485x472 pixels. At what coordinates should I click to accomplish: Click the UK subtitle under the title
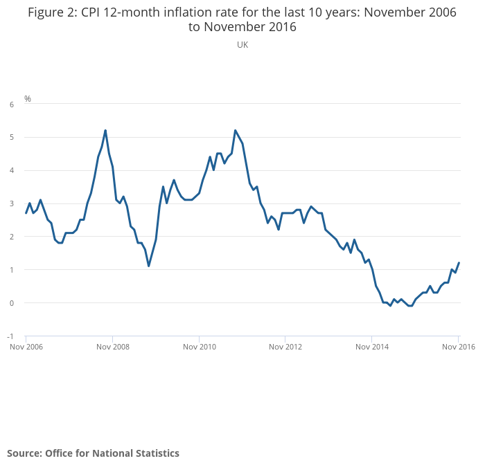point(242,44)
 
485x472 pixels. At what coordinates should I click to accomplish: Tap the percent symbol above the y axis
point(28,99)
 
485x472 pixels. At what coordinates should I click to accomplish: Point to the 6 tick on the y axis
point(11,105)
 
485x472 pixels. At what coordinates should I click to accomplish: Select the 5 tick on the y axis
point(11,137)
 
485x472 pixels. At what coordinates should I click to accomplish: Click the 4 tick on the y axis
point(11,170)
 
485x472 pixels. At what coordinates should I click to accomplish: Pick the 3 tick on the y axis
point(11,203)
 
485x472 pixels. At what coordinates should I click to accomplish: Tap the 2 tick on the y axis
point(11,237)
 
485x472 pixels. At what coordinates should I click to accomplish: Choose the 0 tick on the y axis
point(11,303)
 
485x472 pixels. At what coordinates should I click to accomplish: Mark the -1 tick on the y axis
point(10,336)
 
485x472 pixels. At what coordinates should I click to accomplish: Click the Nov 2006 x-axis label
point(26,347)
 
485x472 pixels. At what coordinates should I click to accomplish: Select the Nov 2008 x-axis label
point(112,347)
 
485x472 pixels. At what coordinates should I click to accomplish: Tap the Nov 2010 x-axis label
point(199,347)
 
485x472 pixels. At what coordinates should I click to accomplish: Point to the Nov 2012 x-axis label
point(285,347)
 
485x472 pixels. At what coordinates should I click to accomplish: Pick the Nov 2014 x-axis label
point(372,347)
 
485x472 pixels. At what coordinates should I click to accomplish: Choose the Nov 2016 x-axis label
point(459,347)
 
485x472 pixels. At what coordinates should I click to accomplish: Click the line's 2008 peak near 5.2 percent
point(105,130)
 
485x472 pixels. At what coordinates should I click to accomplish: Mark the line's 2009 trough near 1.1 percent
point(148,266)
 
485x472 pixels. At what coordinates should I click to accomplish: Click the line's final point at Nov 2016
point(459,263)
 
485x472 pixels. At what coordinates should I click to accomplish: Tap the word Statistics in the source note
point(155,453)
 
